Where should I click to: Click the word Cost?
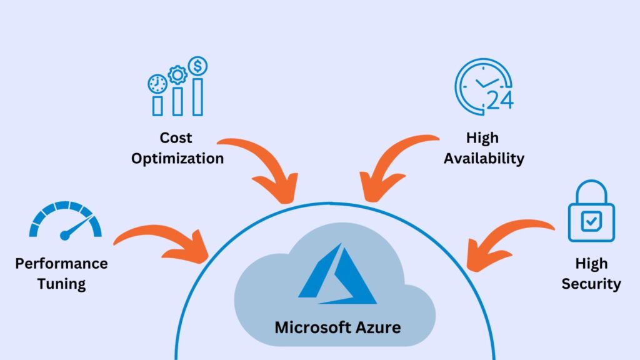click(176, 137)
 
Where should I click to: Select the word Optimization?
click(177, 159)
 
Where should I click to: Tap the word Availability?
click(484, 159)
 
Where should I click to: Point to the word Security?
click(591, 284)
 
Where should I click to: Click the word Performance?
click(61, 263)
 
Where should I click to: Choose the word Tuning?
click(61, 284)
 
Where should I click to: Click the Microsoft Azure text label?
click(337, 327)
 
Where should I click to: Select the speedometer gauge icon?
click(66, 221)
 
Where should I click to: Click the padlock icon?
click(591, 212)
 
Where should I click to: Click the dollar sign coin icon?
click(198, 65)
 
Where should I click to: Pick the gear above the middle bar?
click(178, 76)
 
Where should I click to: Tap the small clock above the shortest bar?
click(157, 84)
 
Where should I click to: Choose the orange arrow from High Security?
click(506, 246)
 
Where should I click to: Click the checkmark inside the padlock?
click(591, 219)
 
